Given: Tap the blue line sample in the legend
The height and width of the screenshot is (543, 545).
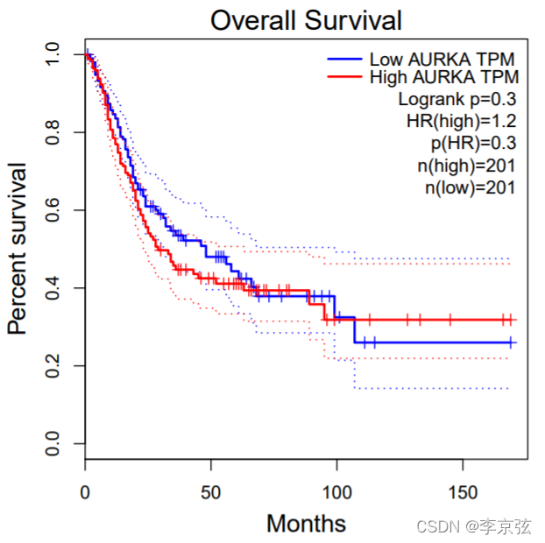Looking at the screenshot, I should click(344, 60).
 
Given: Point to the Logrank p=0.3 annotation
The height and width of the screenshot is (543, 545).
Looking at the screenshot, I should click(457, 99).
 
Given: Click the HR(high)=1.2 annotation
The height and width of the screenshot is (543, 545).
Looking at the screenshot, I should click(462, 121).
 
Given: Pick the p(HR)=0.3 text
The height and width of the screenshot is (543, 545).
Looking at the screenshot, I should click(471, 143).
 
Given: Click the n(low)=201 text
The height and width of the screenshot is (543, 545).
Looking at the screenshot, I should click(470, 187).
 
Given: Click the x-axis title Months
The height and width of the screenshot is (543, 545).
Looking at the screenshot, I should click(306, 524).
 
